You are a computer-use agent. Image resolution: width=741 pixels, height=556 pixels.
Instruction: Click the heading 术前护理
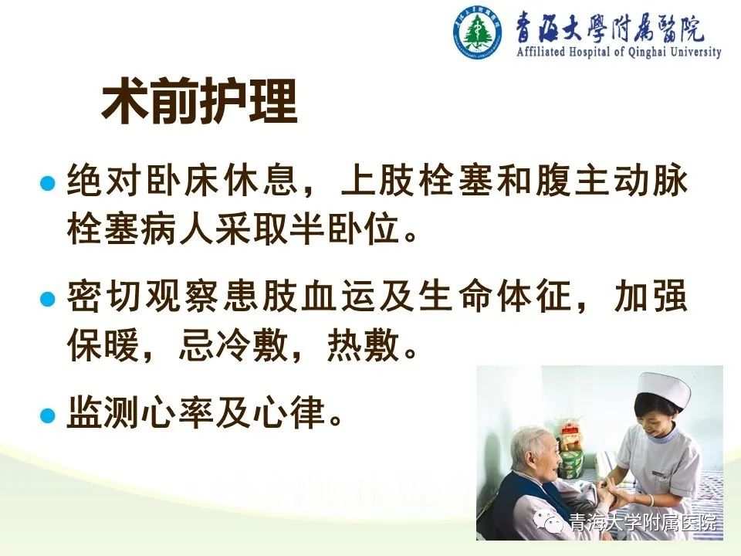[199, 100]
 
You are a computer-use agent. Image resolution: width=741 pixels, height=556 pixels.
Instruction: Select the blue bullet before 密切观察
[48, 299]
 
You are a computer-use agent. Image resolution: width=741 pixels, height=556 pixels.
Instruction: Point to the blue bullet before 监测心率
[48, 415]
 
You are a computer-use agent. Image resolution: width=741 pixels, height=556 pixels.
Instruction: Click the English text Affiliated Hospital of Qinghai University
[618, 52]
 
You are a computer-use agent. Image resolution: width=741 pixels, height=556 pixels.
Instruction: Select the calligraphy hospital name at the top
[609, 27]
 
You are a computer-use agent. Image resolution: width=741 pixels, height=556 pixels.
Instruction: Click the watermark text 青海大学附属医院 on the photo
[643, 524]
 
